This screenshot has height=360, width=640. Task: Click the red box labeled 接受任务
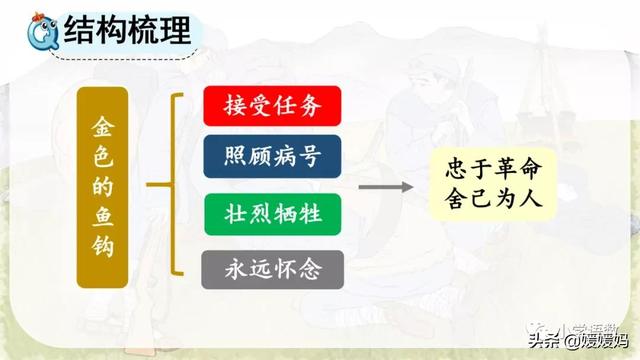click(x=273, y=106)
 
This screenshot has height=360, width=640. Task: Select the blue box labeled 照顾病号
click(x=273, y=156)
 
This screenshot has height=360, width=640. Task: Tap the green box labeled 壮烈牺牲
click(x=273, y=212)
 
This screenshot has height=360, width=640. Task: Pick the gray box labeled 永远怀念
click(x=273, y=267)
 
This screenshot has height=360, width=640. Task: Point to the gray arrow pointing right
click(x=386, y=186)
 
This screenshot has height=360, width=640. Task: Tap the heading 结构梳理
click(x=131, y=34)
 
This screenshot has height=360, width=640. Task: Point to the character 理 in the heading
click(x=176, y=34)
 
